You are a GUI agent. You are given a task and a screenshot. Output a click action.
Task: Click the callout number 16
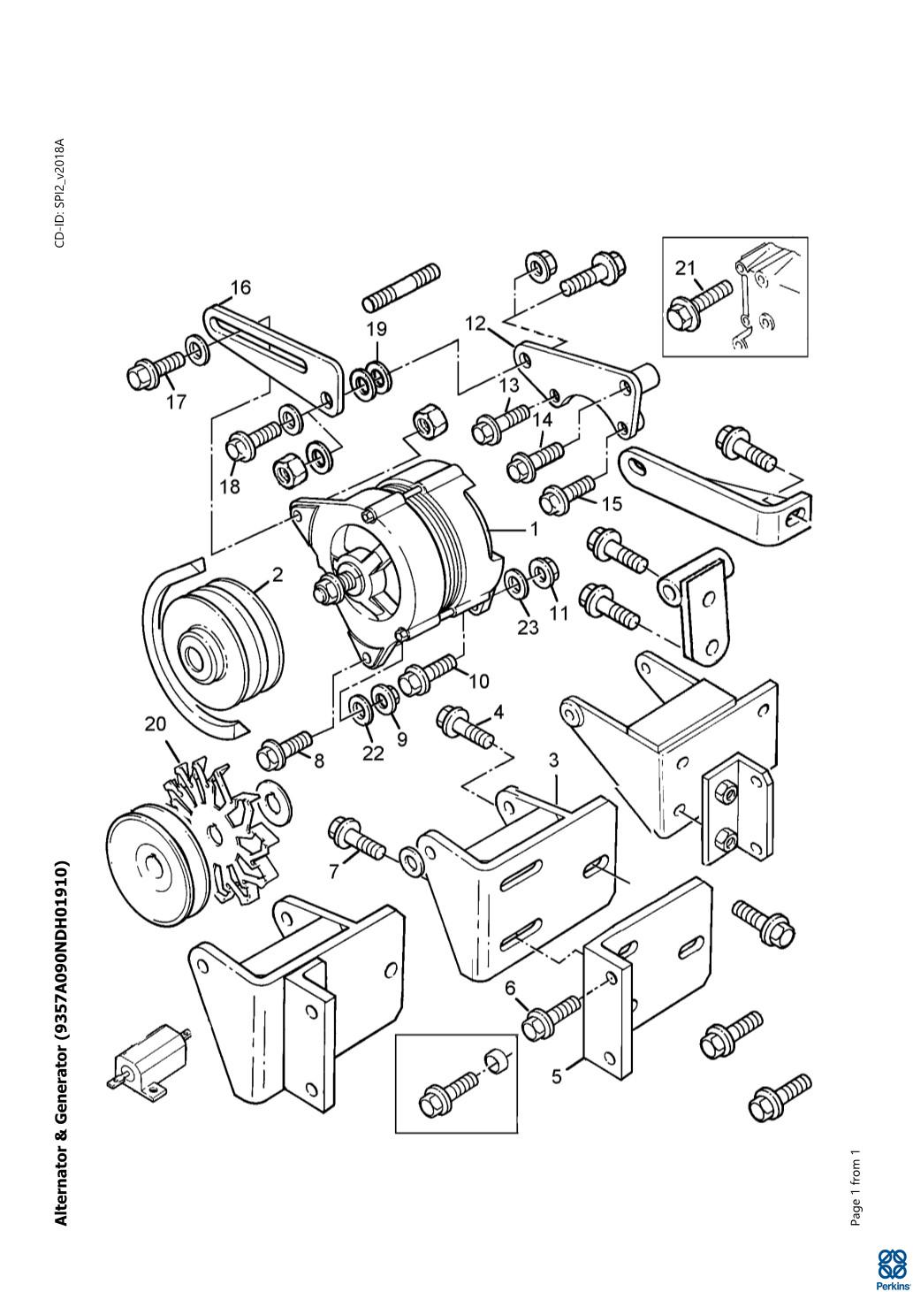click(x=240, y=287)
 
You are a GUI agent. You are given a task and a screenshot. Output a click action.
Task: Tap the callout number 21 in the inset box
click(x=687, y=268)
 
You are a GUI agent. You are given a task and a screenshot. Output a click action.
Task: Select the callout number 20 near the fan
click(x=155, y=723)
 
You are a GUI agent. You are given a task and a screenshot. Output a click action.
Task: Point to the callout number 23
click(x=528, y=627)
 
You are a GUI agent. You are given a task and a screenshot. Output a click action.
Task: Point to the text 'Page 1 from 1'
click(x=855, y=1189)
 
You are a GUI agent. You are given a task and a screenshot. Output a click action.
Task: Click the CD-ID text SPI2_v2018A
click(x=60, y=193)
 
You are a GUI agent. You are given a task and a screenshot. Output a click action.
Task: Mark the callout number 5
click(x=557, y=1076)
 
